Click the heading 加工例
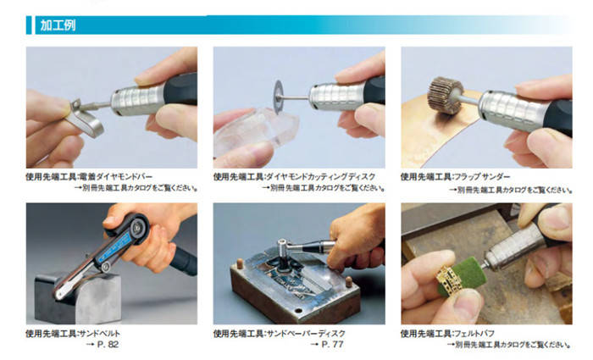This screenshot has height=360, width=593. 58,25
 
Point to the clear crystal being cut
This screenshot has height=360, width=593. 256,133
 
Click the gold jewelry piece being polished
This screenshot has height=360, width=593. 450,280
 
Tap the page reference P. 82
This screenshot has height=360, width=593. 108,345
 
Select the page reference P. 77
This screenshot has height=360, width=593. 332,345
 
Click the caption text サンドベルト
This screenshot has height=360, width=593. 99,334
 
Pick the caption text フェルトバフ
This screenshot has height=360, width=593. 474,334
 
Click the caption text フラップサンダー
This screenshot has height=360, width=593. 482,176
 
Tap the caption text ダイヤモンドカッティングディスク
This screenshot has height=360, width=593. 321,176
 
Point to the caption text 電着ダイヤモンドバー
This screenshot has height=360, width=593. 115,176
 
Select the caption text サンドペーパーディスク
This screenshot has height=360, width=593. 306,334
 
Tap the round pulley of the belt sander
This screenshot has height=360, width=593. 135,226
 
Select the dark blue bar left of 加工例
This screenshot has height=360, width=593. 29,25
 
